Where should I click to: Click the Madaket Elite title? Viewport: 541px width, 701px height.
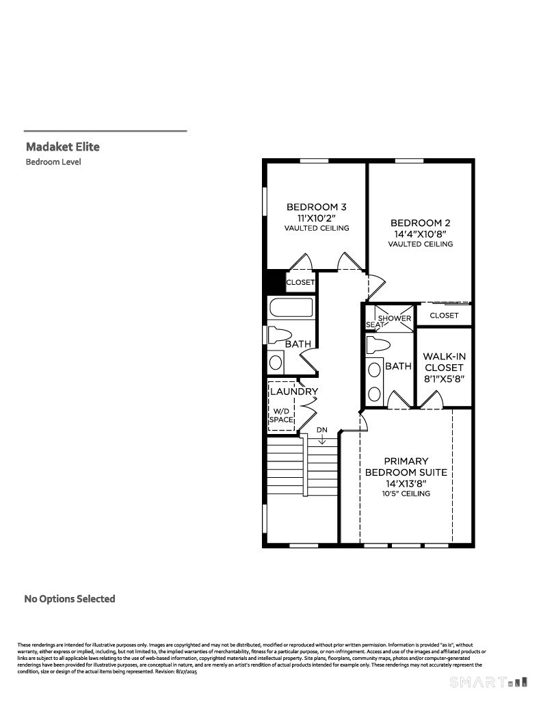click(62, 146)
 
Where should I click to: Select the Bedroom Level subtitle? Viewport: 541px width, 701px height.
click(53, 162)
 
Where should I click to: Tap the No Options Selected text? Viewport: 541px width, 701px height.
click(70, 598)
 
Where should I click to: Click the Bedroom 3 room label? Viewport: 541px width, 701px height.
click(316, 207)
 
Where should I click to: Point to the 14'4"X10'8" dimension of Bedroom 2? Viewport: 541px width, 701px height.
click(421, 233)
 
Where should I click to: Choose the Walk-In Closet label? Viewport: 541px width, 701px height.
click(444, 361)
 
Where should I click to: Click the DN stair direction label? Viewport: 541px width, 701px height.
click(322, 430)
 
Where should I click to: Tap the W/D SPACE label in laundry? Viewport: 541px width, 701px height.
click(282, 416)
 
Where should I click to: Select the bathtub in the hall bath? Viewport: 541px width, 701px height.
click(291, 307)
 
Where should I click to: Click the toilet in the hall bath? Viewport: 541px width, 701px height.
click(280, 335)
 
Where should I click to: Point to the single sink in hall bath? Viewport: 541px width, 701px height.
click(276, 362)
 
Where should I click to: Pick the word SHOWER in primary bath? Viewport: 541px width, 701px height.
click(395, 318)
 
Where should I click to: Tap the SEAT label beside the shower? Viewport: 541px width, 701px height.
click(375, 324)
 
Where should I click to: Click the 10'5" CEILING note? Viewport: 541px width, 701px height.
click(406, 494)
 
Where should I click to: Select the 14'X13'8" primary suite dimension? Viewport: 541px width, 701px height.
click(406, 483)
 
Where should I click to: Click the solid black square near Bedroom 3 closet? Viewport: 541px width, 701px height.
click(276, 281)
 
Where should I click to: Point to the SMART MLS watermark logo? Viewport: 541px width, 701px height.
click(488, 683)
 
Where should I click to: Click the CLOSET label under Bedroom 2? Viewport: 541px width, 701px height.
click(444, 315)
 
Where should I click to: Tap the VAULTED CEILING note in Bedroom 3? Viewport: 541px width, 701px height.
click(317, 228)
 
